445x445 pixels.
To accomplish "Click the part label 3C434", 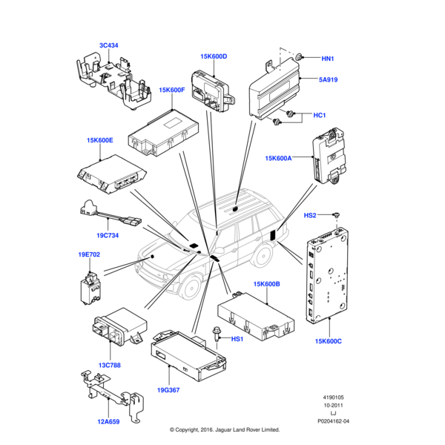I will pyautogui.click(x=108, y=45).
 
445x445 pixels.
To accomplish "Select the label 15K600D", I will pyautogui.click(x=214, y=56).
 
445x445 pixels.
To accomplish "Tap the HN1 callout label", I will pyautogui.click(x=328, y=59).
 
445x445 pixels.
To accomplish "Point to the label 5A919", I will pyautogui.click(x=328, y=80).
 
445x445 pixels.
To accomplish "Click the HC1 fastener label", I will pyautogui.click(x=320, y=115).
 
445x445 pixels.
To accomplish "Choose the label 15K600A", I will pyautogui.click(x=279, y=158).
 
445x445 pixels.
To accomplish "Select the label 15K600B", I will pyautogui.click(x=266, y=283).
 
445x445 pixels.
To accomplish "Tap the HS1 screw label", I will pyautogui.click(x=238, y=339).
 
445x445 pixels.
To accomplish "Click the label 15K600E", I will pyautogui.click(x=99, y=139).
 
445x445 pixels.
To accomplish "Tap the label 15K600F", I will pyautogui.click(x=171, y=90).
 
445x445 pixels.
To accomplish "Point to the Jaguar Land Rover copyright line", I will pyautogui.click(x=224, y=429).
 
